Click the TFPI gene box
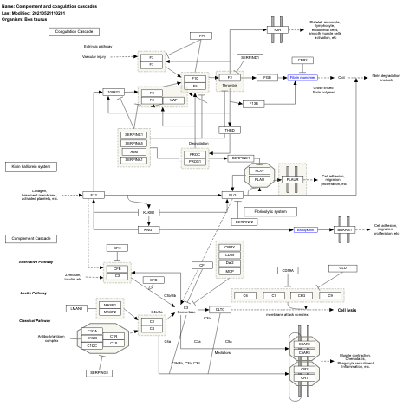[200, 35]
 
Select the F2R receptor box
[278, 29]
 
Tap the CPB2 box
[303, 60]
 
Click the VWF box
[174, 100]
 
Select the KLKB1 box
[149, 212]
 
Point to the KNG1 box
[149, 229]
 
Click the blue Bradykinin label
[305, 229]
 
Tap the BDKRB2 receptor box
[344, 229]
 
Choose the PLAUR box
[292, 179]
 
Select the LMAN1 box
[77, 308]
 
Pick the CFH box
[117, 248]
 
